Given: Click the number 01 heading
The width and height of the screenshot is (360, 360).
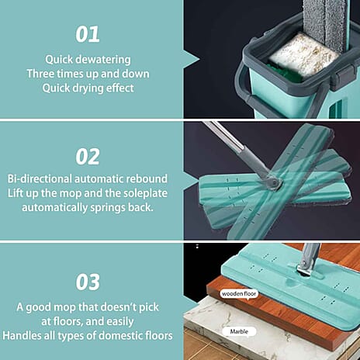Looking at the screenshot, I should coord(88,34).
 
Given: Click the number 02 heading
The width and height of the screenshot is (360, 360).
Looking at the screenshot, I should coord(88,156).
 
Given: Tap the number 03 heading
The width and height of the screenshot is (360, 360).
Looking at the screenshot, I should coord(88,280).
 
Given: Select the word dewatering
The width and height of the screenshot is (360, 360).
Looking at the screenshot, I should coord(104,59).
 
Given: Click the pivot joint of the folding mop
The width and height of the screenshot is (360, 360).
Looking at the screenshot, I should coord(270,183).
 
